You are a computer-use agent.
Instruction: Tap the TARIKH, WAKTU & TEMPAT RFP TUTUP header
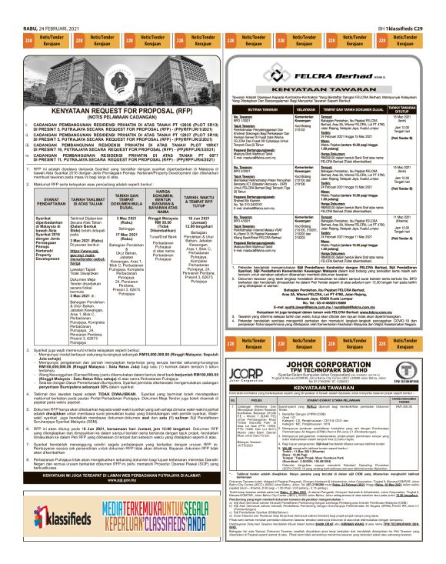coord(191,202)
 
